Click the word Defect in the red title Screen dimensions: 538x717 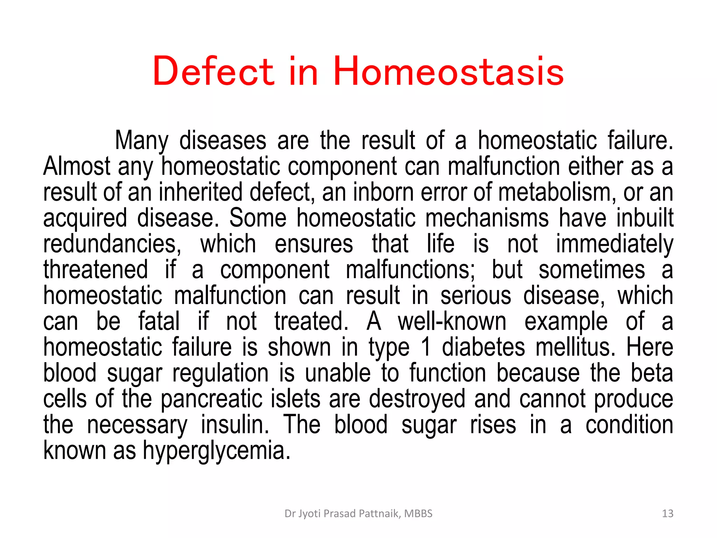click(213, 71)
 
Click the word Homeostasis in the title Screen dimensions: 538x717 click(448, 71)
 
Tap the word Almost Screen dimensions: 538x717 click(77, 167)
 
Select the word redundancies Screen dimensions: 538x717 click(112, 244)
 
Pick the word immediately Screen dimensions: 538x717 click(614, 244)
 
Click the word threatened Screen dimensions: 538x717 click(96, 270)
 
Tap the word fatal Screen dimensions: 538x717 click(159, 322)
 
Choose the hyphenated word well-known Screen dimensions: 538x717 click(452, 322)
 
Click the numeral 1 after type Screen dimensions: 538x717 click(426, 347)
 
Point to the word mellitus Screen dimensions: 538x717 click(575, 347)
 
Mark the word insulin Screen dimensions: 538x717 click(235, 425)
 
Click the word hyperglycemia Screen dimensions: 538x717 click(216, 451)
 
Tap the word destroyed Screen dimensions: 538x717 click(417, 399)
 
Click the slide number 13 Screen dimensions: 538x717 click(668, 513)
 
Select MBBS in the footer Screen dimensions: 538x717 click(418, 513)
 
